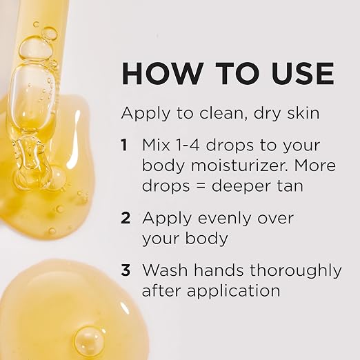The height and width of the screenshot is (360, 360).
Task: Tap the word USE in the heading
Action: coord(303,74)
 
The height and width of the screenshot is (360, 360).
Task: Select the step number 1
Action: coord(124,145)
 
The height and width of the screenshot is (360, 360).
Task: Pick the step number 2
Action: coord(126,218)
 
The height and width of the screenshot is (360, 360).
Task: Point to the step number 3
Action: coord(126,270)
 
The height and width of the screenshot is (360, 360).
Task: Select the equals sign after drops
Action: coord(201,186)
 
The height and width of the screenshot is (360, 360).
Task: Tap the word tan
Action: coord(290,186)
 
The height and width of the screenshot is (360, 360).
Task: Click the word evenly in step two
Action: coord(222,219)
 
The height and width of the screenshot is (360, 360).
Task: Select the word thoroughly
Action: coord(296,271)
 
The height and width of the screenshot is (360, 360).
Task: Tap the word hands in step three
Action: coord(219,270)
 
